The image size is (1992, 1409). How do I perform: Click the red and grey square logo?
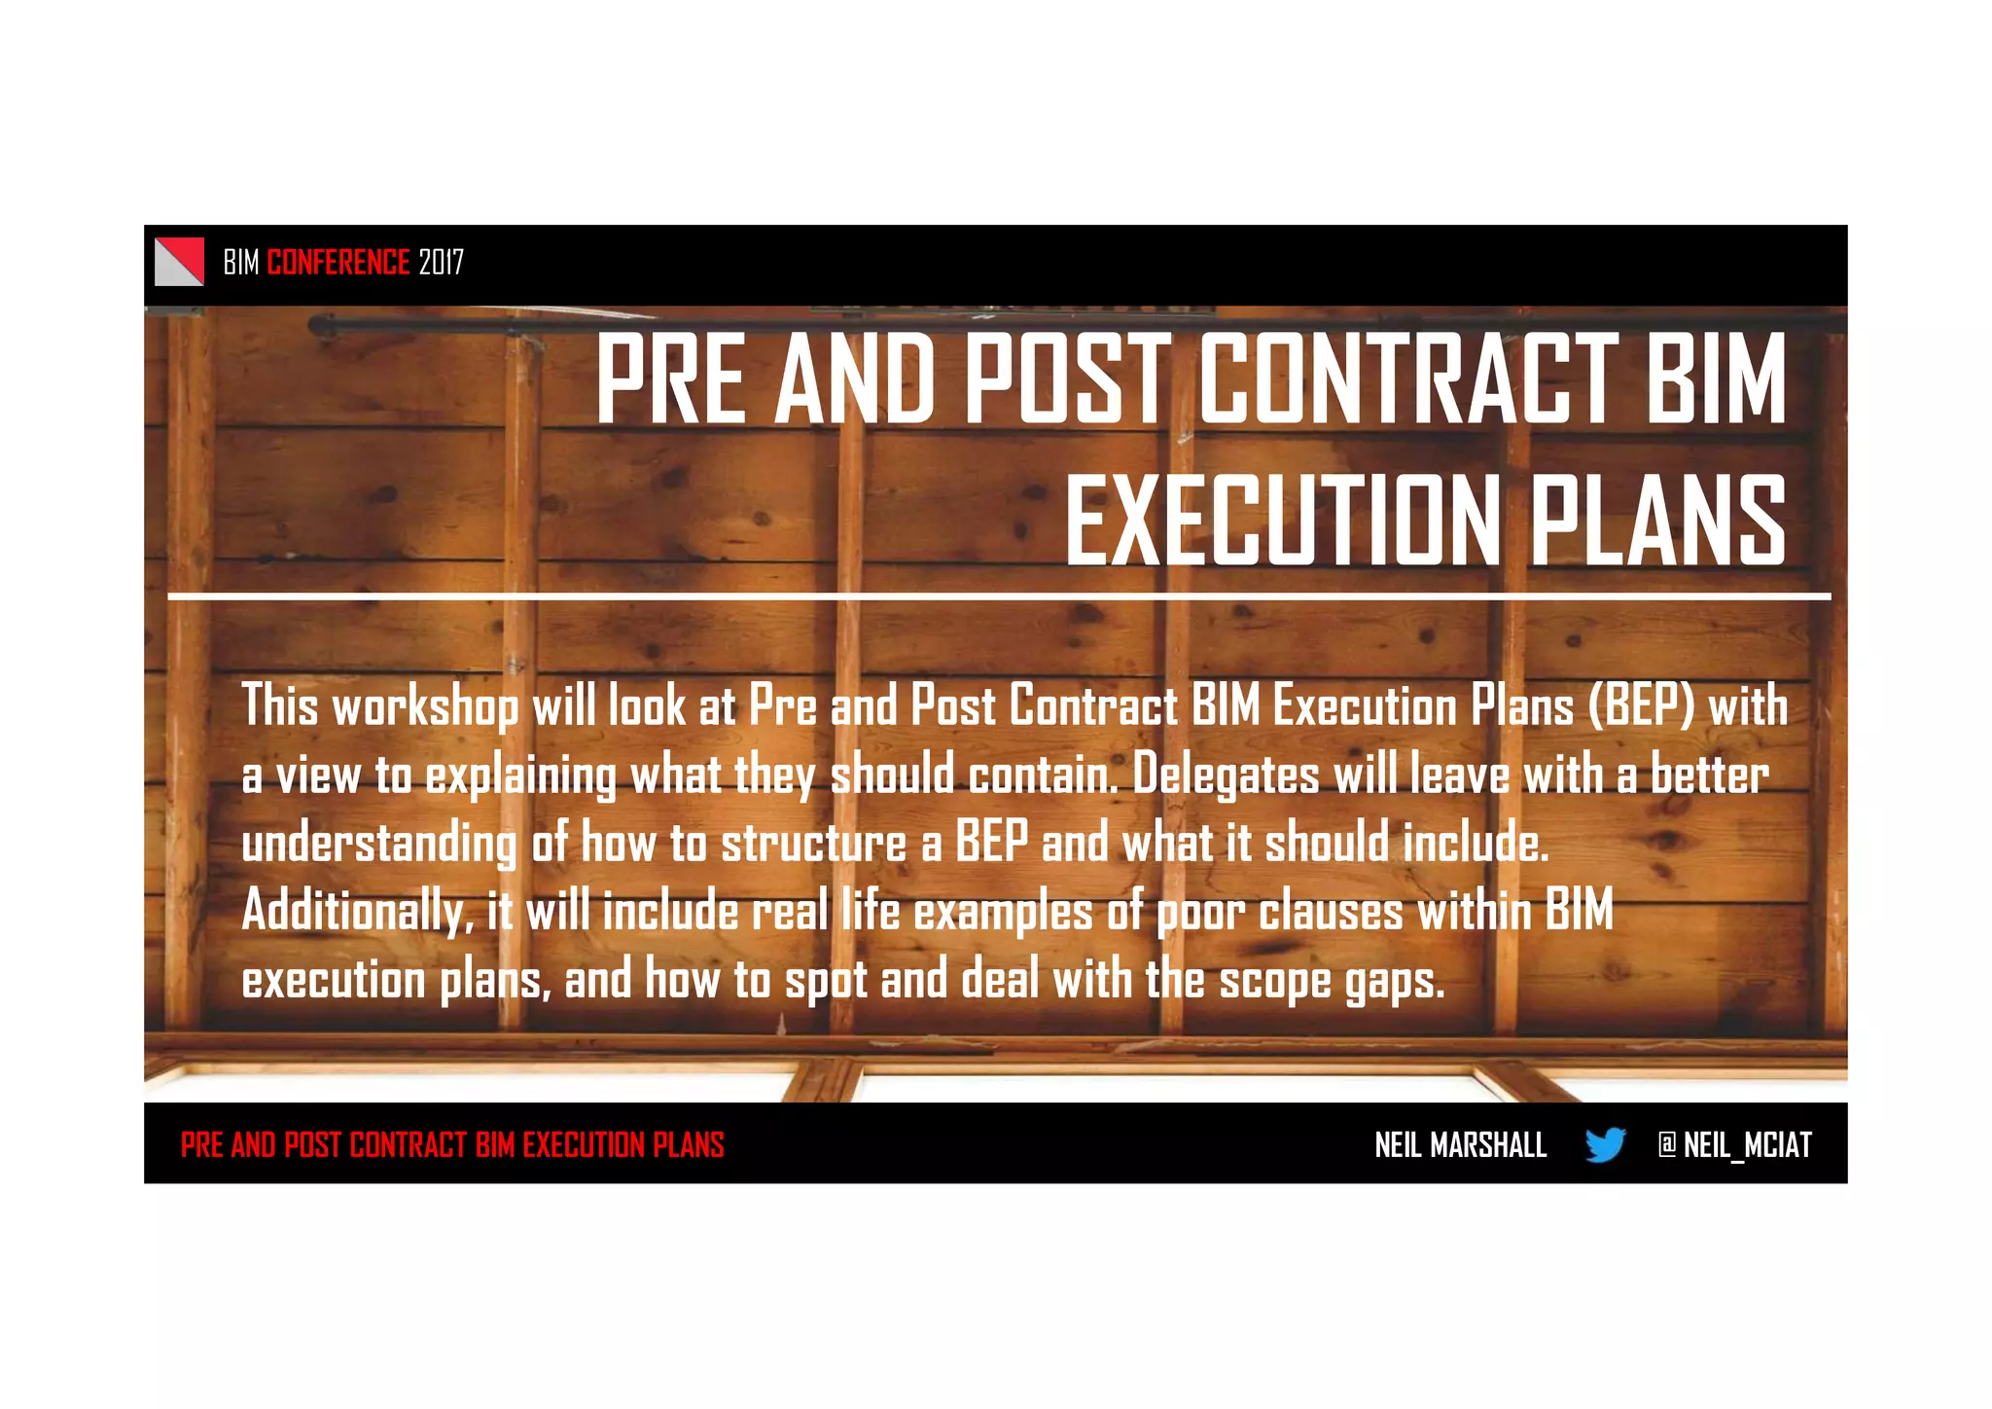coord(179,262)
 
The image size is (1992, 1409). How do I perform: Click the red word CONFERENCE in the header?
coord(338,262)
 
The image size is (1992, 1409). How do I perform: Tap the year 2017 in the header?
coord(442,262)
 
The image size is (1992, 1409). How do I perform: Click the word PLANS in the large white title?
coord(1659,521)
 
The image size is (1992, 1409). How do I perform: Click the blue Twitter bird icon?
coord(1605,1144)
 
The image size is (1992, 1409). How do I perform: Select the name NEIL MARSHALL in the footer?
coord(1460,1145)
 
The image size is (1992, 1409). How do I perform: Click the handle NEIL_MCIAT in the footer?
coord(1747,1145)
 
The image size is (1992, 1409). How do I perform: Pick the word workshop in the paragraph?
coord(425,706)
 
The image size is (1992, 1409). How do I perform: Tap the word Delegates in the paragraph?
coord(1227,777)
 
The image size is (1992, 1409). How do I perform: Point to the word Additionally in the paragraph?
coord(355,912)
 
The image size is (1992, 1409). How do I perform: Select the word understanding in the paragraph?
coord(378,844)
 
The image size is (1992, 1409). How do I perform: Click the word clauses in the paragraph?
coord(1331,912)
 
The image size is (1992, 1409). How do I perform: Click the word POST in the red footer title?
coord(312,1145)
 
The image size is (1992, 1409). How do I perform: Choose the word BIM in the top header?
coord(241,262)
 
